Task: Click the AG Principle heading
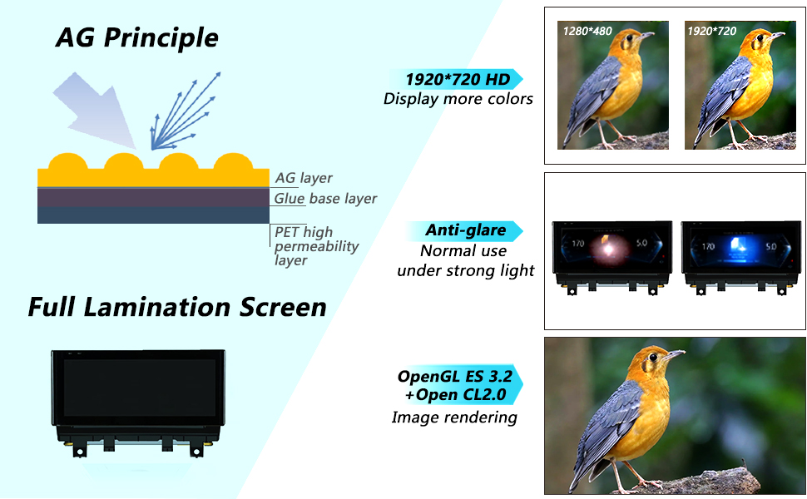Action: click(x=137, y=37)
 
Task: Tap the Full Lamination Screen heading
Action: click(x=177, y=307)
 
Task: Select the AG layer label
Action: click(x=304, y=178)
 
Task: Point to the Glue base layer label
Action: click(x=325, y=199)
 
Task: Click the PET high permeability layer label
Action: click(x=316, y=246)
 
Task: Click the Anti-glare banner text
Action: click(x=465, y=230)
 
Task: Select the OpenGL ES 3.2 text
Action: click(x=455, y=376)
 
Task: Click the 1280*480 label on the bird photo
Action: click(x=587, y=31)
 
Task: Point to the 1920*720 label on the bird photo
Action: click(x=712, y=31)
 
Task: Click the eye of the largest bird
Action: click(x=653, y=358)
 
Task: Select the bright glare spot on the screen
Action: click(x=608, y=249)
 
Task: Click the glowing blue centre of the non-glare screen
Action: click(x=738, y=246)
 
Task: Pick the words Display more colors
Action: click(x=458, y=99)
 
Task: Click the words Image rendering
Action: click(x=454, y=417)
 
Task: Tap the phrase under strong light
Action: click(x=466, y=270)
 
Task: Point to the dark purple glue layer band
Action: click(x=153, y=198)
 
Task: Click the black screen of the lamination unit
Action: click(x=139, y=388)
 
